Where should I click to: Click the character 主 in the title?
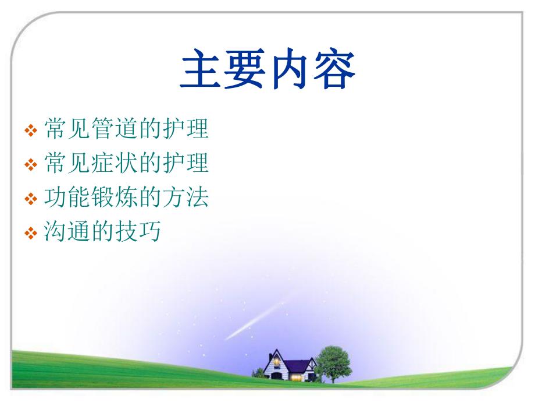(201, 70)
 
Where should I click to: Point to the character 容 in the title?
(334, 70)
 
